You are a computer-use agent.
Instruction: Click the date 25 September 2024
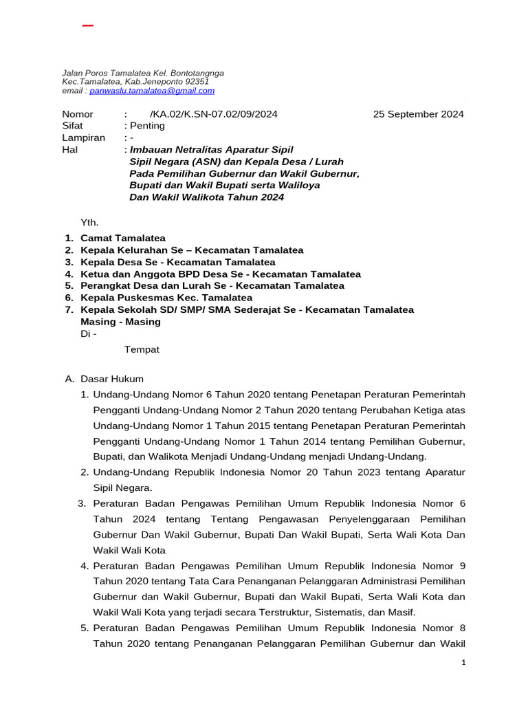pyautogui.click(x=418, y=114)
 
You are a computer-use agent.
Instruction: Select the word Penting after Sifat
pyautogui.click(x=148, y=126)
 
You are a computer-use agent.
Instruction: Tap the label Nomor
pyautogui.click(x=78, y=114)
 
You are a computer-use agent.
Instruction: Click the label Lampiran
pyautogui.click(x=83, y=137)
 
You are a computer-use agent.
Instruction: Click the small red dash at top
pyautogui.click(x=87, y=26)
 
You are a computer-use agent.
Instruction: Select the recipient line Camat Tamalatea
pyautogui.click(x=123, y=238)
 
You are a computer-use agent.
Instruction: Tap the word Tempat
pyautogui.click(x=142, y=349)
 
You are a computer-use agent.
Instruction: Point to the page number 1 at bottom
pyautogui.click(x=463, y=662)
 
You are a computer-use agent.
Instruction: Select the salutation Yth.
pyautogui.click(x=90, y=222)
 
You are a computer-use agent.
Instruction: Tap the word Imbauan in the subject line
pyautogui.click(x=152, y=149)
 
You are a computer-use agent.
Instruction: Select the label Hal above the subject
pyautogui.click(x=70, y=149)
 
